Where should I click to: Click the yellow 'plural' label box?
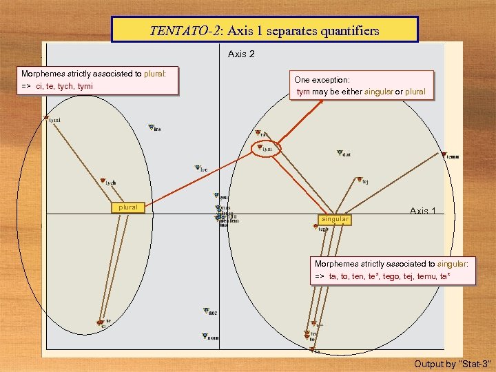tap(128, 207)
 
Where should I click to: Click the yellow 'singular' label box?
tap(334, 219)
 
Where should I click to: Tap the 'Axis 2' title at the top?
tap(241, 54)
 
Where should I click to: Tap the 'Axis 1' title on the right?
tap(423, 211)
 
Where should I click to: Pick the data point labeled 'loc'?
tap(196, 167)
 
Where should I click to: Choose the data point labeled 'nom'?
tap(205, 336)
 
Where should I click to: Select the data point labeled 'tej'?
tap(358, 180)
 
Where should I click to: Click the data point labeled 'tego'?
tap(319, 228)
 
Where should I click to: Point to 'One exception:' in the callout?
tap(322, 80)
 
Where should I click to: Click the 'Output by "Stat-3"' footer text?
tap(452, 363)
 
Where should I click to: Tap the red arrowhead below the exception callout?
tap(322, 101)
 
